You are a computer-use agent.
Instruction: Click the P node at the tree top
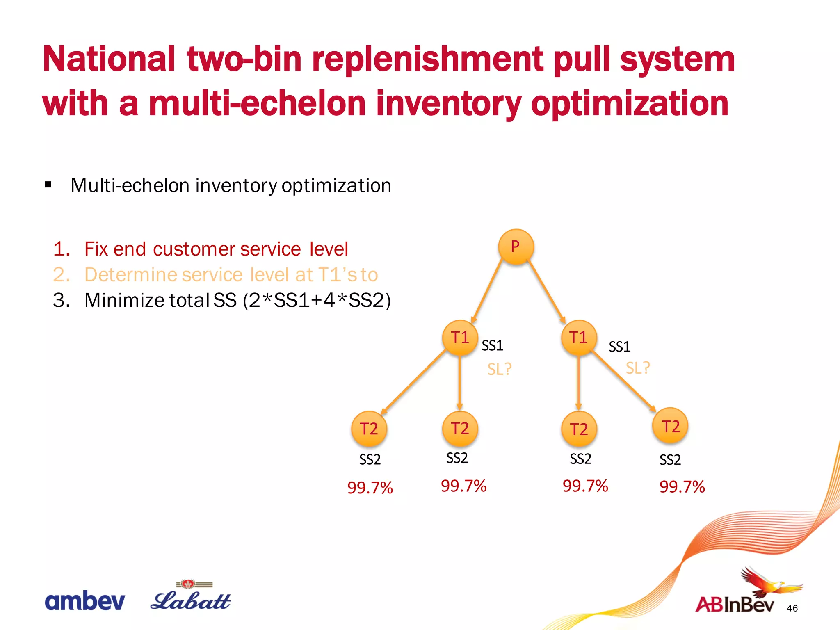516,247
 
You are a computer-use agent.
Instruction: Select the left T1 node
460,338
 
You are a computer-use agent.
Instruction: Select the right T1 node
578,338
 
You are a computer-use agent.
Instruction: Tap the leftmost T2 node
369,429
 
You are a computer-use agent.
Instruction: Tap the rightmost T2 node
670,426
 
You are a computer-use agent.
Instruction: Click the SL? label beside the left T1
499,369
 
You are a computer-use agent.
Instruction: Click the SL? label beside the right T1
637,367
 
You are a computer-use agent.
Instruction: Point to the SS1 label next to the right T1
619,347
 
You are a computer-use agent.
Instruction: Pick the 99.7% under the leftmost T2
370,488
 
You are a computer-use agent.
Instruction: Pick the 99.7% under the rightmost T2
682,487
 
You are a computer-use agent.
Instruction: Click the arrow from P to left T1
487,291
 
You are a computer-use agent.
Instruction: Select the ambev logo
84,601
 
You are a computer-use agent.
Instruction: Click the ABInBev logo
738,595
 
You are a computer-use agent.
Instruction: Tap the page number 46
792,608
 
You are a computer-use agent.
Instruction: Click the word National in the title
109,59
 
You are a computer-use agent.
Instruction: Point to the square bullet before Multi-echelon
48,185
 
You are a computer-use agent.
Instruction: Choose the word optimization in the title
630,104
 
